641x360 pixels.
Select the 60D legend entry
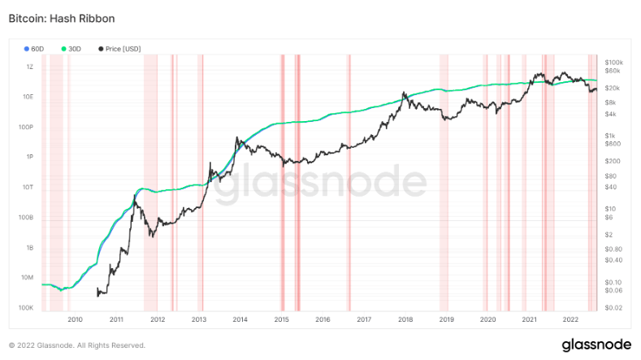click(37, 49)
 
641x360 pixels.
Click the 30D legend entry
click(71, 49)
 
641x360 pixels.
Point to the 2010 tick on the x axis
click(75, 320)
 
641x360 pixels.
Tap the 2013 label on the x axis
click(198, 320)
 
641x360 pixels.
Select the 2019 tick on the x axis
click(446, 320)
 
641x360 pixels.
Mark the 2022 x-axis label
click(570, 320)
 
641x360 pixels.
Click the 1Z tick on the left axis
click(29, 67)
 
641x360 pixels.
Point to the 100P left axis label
click(27, 127)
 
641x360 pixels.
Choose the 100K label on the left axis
click(26, 308)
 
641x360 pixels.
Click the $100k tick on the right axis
click(614, 62)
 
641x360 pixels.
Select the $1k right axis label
click(611, 135)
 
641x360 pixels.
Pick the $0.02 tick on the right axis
click(614, 307)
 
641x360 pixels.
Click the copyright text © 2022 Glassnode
click(76, 345)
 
